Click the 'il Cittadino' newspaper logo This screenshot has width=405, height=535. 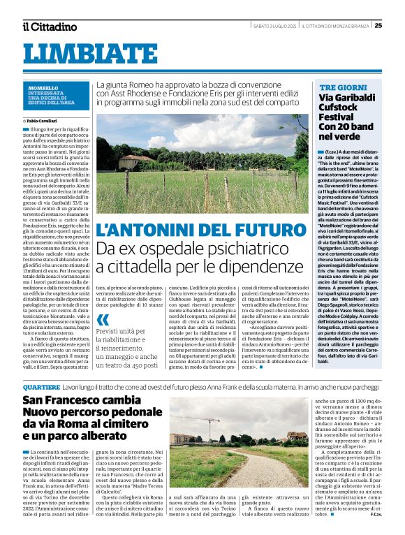click(49, 27)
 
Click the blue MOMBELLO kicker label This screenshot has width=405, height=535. click(43, 89)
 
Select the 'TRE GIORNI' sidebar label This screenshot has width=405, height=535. click(339, 87)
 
